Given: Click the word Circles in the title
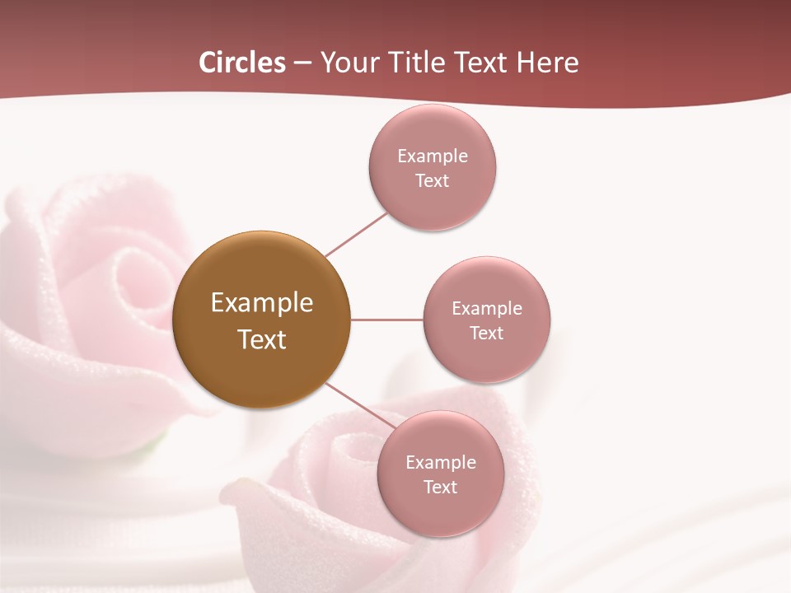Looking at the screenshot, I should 242,63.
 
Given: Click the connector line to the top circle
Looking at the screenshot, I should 356,234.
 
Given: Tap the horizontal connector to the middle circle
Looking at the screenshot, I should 386,320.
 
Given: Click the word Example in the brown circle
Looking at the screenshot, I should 262,303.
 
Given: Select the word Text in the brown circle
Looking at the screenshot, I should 262,339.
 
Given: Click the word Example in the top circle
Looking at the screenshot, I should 433,156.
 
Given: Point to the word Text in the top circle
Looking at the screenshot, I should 433,180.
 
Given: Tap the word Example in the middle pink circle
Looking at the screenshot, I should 487,308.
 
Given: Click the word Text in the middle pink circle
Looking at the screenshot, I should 487,333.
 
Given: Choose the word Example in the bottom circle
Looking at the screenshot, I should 441,462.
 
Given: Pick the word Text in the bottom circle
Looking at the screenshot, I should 441,487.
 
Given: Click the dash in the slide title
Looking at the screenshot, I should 302,63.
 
